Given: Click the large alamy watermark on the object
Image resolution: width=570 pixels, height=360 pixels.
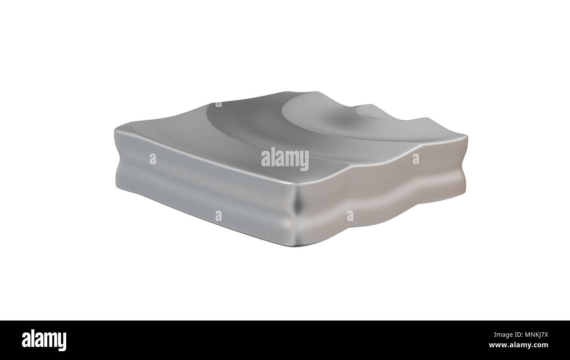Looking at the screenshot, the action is pyautogui.click(x=285, y=159).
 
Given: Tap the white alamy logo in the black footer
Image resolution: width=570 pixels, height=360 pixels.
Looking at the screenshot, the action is pyautogui.click(x=44, y=340).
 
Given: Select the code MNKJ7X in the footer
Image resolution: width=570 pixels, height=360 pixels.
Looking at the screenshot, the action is pyautogui.click(x=537, y=335).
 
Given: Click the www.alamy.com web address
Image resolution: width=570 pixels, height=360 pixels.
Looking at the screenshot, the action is pyautogui.click(x=518, y=345).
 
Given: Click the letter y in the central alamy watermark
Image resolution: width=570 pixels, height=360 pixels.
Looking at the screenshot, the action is pyautogui.click(x=304, y=161).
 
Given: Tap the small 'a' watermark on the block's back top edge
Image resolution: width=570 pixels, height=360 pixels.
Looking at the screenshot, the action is pyautogui.click(x=219, y=104).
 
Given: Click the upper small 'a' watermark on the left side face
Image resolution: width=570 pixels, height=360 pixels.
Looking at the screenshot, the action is pyautogui.click(x=153, y=159).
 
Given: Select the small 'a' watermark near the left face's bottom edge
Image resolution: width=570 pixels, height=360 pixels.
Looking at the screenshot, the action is pyautogui.click(x=219, y=216).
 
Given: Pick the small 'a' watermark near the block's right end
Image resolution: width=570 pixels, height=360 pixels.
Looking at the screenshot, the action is pyautogui.click(x=416, y=159).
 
